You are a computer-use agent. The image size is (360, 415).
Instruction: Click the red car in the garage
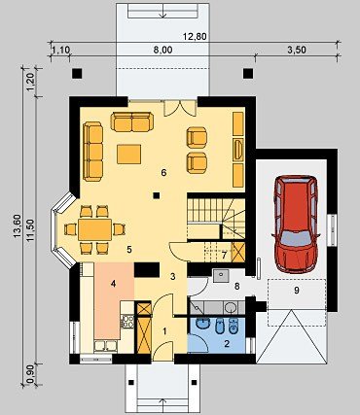click(296, 224)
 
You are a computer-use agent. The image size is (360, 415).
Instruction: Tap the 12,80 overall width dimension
click(195, 37)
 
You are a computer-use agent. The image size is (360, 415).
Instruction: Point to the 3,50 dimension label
click(297, 50)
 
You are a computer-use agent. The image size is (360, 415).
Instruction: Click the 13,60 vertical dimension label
click(18, 226)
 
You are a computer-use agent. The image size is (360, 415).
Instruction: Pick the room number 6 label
click(163, 173)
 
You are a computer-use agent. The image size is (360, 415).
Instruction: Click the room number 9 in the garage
click(297, 291)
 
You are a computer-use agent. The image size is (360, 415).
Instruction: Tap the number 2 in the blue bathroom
click(227, 343)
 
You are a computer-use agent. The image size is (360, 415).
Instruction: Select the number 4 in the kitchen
click(113, 284)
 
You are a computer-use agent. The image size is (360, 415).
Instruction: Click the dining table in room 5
click(95, 229)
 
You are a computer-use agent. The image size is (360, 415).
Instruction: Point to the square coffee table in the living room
click(129, 155)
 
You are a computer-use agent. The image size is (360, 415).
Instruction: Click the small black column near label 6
click(157, 195)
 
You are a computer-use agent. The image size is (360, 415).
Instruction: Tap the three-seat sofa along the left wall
click(93, 151)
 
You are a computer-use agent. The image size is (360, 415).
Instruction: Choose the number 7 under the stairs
click(224, 255)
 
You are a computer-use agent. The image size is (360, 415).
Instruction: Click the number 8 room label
click(237, 287)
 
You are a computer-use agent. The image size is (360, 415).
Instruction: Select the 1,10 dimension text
click(61, 50)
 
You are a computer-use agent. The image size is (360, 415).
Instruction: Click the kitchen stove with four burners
click(127, 321)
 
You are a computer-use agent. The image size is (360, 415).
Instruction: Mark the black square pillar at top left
click(77, 74)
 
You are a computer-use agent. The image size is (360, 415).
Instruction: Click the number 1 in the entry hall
click(164, 331)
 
